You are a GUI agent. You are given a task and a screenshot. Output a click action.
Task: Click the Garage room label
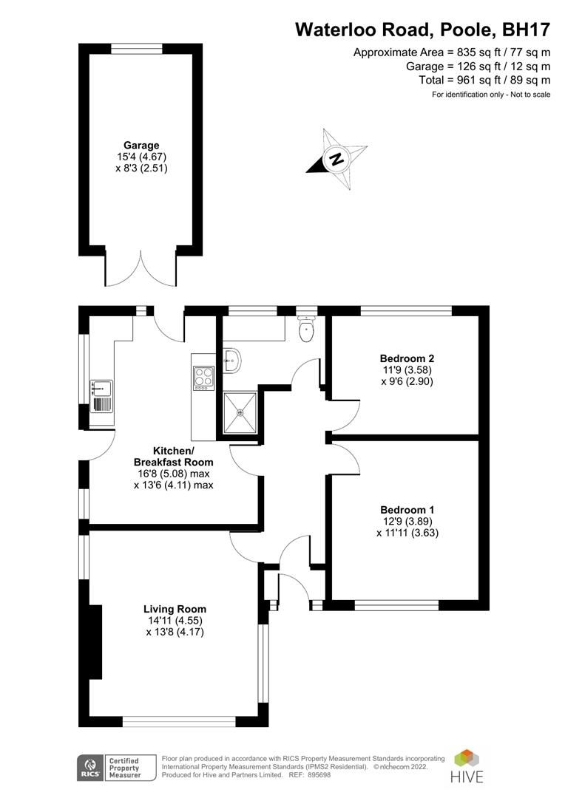coord(141,146)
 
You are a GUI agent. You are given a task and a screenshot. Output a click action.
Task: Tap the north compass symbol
coord(336,158)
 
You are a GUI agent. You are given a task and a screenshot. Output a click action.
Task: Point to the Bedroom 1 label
coord(407,510)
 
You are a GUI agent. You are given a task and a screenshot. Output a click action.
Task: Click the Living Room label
coord(175,610)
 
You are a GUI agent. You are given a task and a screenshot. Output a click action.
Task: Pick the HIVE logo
coord(467,766)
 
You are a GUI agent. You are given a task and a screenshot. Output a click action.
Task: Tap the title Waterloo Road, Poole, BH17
coord(422,30)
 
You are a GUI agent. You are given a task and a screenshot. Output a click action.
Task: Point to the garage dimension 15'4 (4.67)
coord(141,157)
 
